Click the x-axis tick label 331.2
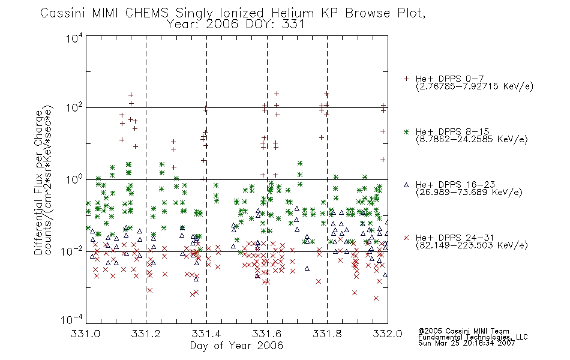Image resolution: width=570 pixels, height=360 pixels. [146, 334]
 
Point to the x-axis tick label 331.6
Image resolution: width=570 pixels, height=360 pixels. [267, 334]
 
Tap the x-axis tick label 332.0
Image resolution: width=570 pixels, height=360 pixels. [388, 334]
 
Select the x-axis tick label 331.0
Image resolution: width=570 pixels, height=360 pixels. [85, 334]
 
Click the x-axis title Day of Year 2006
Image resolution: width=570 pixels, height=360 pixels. [236, 346]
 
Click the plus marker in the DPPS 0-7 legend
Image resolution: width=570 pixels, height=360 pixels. [406, 79]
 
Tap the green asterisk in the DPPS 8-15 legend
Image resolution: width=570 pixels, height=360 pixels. [406, 131]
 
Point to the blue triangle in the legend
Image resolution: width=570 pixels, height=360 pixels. [406, 185]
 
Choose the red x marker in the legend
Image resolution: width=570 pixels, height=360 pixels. [406, 238]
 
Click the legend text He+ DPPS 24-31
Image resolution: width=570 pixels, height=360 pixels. [455, 238]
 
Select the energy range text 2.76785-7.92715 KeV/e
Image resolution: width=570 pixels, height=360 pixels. [475, 86]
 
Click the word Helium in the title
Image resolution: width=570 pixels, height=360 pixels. [293, 13]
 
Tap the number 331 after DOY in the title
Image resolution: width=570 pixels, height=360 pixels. [293, 25]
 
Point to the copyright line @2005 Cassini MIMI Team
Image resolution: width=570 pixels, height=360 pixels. [463, 331]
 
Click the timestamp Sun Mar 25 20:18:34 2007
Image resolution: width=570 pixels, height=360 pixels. [466, 343]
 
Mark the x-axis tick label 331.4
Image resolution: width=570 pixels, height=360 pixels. [206, 334]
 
